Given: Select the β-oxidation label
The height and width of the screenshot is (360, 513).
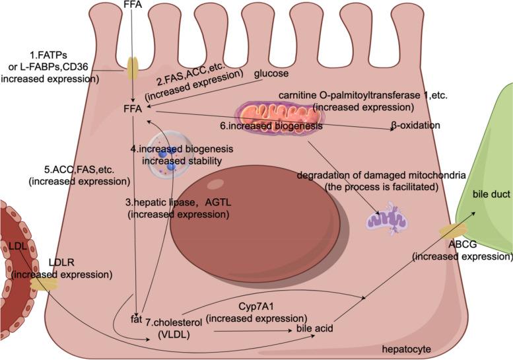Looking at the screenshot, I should click(417, 125).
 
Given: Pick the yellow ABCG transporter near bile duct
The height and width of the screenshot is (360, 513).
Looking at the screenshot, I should click(455, 231).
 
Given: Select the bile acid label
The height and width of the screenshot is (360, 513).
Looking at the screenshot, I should click(313, 328).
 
